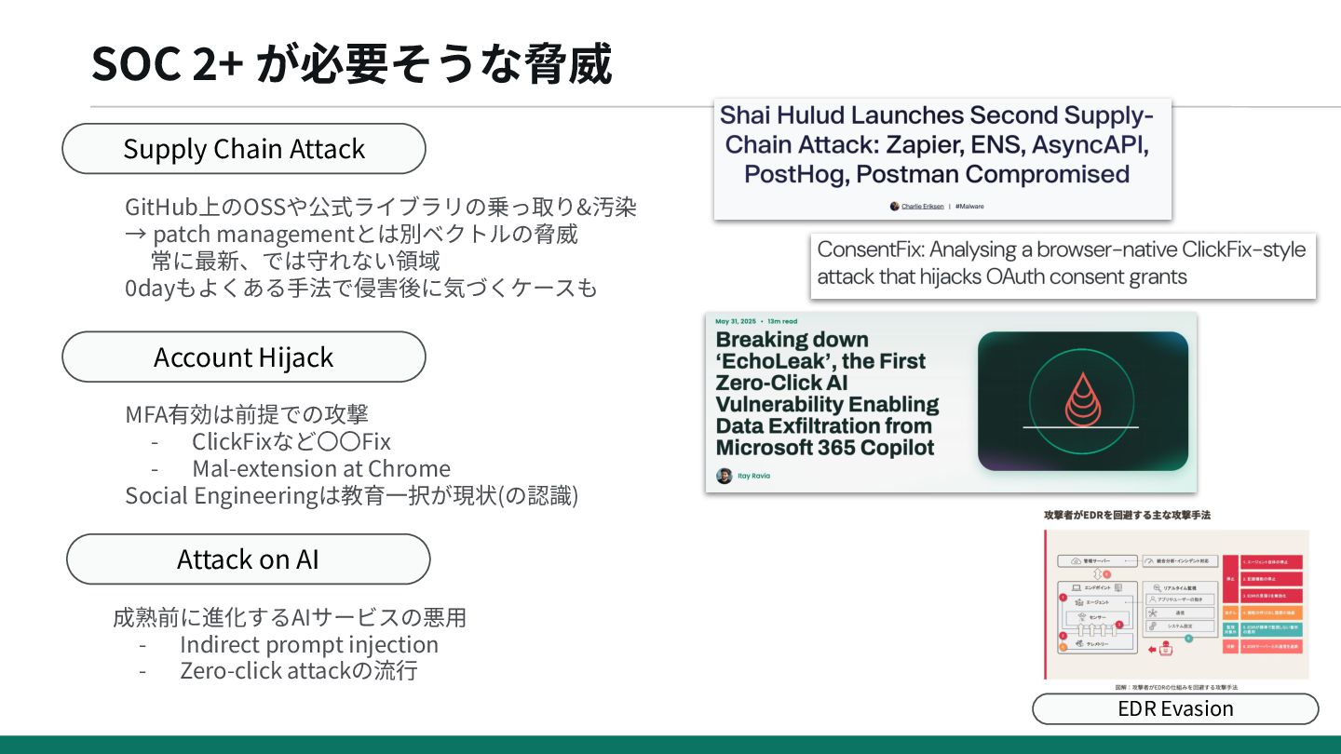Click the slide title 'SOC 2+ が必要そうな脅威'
[x=352, y=65]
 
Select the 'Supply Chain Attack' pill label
[x=244, y=149]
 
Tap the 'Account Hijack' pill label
[x=244, y=357]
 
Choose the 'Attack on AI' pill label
[x=248, y=559]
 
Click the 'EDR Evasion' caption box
[x=1175, y=708]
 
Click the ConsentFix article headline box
[x=1062, y=263]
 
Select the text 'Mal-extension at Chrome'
[x=320, y=468]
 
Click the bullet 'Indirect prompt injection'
[x=308, y=644]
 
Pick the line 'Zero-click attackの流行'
[x=298, y=670]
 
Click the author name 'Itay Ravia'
[x=753, y=476]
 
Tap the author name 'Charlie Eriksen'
[x=921, y=206]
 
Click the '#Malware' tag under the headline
[x=969, y=206]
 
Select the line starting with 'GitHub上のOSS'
[x=381, y=207]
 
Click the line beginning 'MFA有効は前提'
[x=253, y=414]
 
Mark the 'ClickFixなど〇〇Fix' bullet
[x=291, y=441]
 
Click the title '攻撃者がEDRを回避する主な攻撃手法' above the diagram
[x=1126, y=515]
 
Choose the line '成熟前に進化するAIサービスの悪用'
[x=290, y=617]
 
